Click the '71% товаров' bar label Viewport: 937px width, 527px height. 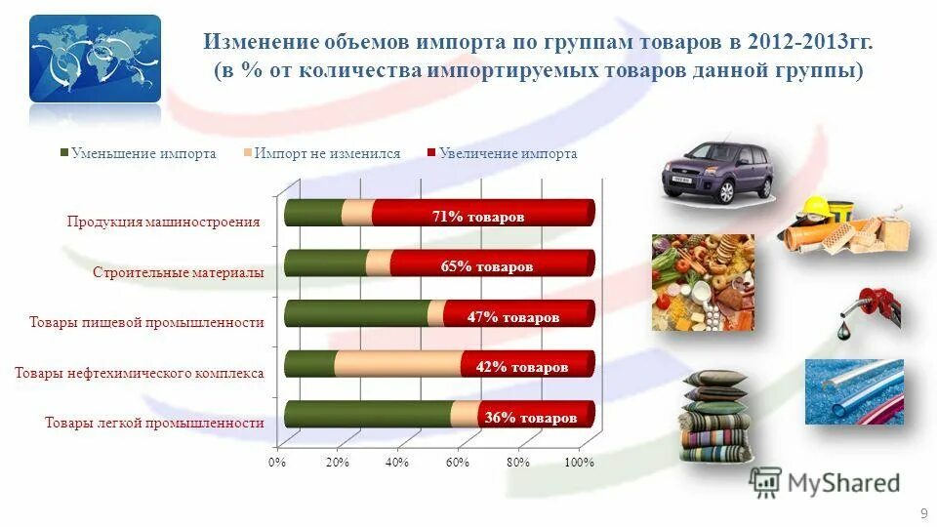pyautogui.click(x=478, y=217)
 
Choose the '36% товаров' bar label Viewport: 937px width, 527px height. pyautogui.click(x=531, y=418)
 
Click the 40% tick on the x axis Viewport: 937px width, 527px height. pyautogui.click(x=396, y=462)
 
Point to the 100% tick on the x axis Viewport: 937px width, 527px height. pyautogui.click(x=579, y=462)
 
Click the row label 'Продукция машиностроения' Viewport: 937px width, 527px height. pyautogui.click(x=164, y=222)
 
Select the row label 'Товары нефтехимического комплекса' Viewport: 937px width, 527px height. pyautogui.click(x=140, y=372)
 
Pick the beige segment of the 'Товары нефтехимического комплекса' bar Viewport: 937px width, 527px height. pyautogui.click(x=398, y=364)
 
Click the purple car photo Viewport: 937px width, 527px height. pyautogui.click(x=717, y=170)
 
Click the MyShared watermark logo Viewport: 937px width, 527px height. pyautogui.click(x=825, y=481)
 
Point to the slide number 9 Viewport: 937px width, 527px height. pyautogui.click(x=923, y=513)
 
